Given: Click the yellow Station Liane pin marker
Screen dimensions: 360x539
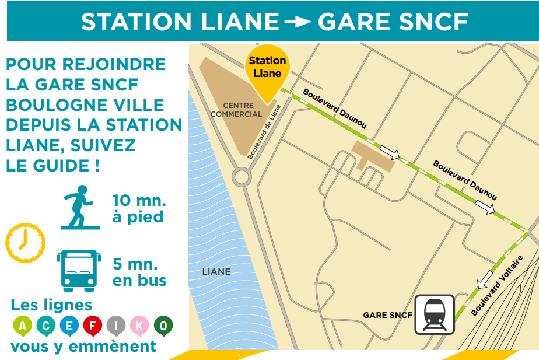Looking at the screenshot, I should point(267,69).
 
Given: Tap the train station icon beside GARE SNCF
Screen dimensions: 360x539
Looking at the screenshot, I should point(435,314).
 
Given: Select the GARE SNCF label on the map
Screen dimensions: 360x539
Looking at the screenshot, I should point(387,315).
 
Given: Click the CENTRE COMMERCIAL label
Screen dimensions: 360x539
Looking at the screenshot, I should point(236,110).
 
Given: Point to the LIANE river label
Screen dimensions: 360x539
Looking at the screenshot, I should point(216,272).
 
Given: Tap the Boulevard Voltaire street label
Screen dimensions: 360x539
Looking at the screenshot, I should point(496,285).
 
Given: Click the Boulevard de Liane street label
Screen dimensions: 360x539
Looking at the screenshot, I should point(264,132).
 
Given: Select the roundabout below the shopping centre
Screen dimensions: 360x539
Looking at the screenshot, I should point(242,176).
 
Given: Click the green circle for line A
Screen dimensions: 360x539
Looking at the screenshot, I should point(22,326).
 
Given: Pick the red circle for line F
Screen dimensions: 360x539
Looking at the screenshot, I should point(92,326).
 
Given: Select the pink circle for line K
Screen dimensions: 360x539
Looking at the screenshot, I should point(139,326).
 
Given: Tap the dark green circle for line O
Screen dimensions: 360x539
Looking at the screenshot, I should point(163,326).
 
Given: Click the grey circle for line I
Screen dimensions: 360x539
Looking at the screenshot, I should point(116,326).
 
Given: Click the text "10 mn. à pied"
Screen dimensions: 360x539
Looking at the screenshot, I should point(139,209).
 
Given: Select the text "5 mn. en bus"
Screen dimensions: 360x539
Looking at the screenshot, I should point(139,271).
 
